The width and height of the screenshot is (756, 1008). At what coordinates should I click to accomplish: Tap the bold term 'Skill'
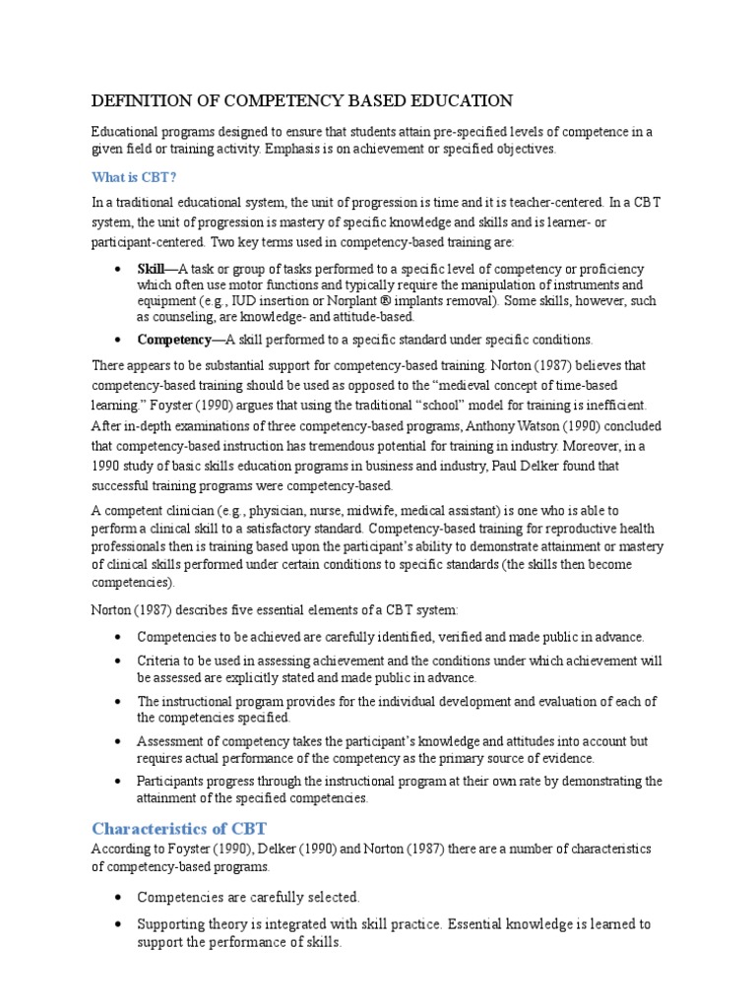pyautogui.click(x=152, y=269)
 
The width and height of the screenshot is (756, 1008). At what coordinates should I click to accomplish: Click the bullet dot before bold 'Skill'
pyautogui.click(x=119, y=270)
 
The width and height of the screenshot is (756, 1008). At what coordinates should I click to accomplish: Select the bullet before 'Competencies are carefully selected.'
pyautogui.click(x=119, y=898)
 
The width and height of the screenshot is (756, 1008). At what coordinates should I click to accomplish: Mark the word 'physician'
pyautogui.click(x=279, y=510)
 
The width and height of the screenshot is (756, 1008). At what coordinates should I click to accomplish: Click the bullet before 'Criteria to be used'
pyautogui.click(x=119, y=661)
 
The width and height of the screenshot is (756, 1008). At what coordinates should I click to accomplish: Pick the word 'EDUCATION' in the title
pyautogui.click(x=466, y=100)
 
